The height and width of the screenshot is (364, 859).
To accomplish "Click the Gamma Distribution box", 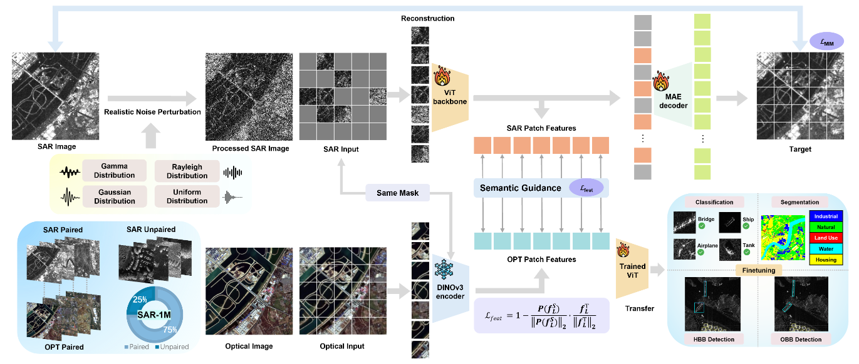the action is (x=114, y=171).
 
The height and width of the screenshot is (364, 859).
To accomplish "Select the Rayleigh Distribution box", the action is (x=187, y=171).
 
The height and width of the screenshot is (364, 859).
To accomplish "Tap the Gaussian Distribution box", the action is (x=114, y=196).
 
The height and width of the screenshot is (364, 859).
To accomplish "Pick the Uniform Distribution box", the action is (x=187, y=196).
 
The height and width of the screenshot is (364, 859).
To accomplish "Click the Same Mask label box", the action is (x=397, y=193).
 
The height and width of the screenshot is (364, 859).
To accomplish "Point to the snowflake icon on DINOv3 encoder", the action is (x=444, y=270).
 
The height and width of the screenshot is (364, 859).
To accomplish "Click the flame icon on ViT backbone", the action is (x=442, y=76).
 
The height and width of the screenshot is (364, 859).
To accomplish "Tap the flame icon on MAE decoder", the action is (x=661, y=81).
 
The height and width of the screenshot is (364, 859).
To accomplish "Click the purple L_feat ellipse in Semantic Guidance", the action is (x=586, y=188).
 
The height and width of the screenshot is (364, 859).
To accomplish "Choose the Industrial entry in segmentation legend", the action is (x=826, y=216).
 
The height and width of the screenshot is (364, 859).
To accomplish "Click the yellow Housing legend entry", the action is (x=826, y=260).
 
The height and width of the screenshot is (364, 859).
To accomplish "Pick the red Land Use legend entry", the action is (x=826, y=238).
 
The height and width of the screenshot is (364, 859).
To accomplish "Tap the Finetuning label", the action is (x=759, y=270).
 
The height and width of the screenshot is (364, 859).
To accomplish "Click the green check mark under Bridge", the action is (x=702, y=226).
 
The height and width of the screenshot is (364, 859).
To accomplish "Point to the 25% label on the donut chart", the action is (x=140, y=300).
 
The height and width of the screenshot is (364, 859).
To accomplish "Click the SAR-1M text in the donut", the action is (x=154, y=315).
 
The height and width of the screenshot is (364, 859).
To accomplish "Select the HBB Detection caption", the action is (x=714, y=339).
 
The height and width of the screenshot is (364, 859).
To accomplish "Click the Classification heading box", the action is (x=714, y=202).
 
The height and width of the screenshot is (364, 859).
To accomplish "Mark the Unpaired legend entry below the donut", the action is (x=172, y=346).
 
